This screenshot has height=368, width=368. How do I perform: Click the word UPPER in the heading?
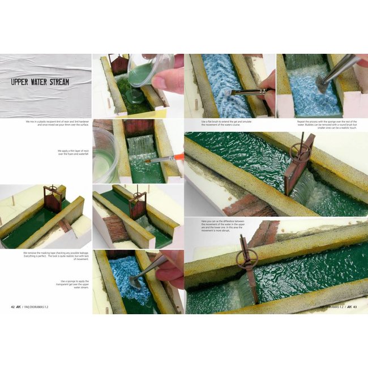[23, 83]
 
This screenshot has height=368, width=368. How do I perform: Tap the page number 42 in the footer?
[13, 307]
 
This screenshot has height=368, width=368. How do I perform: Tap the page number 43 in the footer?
[354, 307]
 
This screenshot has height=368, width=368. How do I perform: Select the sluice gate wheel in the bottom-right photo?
[250, 259]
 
